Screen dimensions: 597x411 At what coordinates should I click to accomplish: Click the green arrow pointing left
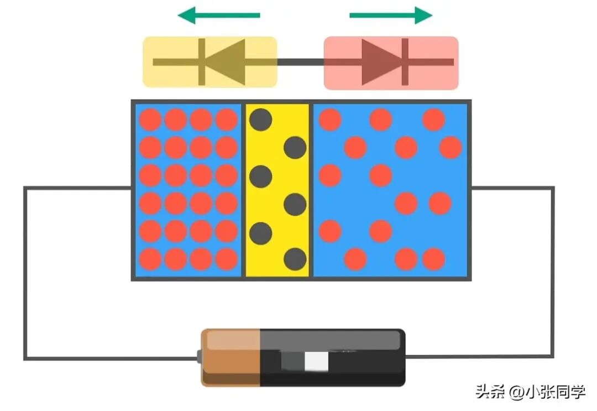click(219, 15)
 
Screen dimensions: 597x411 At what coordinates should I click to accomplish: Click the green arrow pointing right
click(391, 15)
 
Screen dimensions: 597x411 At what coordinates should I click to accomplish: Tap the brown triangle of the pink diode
click(381, 62)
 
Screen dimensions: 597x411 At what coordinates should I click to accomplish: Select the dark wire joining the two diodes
click(300, 62)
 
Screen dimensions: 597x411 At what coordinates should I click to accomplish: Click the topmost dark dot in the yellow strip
click(261, 119)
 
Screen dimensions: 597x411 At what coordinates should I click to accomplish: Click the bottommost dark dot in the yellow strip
click(295, 259)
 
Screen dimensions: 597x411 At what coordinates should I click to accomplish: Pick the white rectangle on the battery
click(316, 361)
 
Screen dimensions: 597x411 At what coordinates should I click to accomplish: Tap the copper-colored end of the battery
click(231, 358)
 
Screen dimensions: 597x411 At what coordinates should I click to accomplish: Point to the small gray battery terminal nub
click(199, 357)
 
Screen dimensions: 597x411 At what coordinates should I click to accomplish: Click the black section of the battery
click(332, 358)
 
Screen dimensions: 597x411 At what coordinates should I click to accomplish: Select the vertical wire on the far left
click(25, 273)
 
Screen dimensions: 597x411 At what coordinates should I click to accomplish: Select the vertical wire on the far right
click(552, 272)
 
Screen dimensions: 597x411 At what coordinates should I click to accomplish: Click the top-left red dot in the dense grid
click(150, 119)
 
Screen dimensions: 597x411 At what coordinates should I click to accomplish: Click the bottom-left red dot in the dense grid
click(150, 259)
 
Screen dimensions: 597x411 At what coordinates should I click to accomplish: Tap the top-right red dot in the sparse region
click(434, 119)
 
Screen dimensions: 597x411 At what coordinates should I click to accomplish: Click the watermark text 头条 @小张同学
click(530, 392)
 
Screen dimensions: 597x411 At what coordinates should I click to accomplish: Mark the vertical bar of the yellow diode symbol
click(202, 62)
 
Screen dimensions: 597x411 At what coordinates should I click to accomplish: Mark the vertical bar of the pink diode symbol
click(405, 62)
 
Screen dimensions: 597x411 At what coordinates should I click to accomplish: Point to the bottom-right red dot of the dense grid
click(227, 259)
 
